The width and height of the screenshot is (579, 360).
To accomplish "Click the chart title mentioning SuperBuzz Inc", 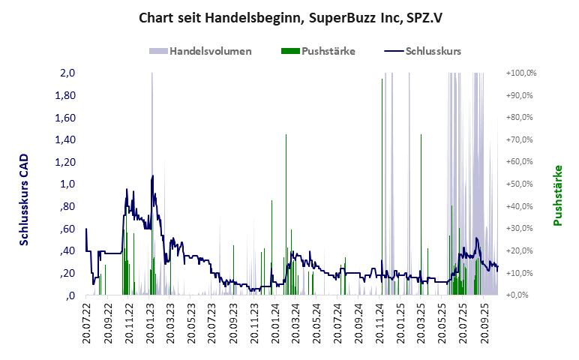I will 289,17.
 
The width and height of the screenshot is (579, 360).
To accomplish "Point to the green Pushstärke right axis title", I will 558,195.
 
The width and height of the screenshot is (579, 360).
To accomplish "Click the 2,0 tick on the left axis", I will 68,73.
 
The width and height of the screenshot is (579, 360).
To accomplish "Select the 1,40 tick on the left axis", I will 65,140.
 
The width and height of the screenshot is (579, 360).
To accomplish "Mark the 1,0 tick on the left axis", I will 68,184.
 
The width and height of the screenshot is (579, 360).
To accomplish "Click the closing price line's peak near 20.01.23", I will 153,176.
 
